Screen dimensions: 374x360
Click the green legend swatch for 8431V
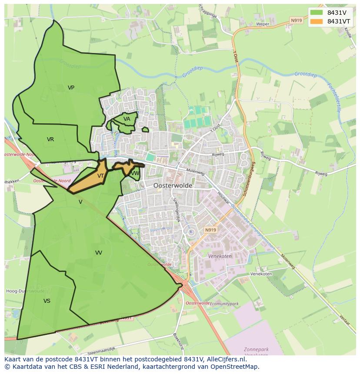(317, 13)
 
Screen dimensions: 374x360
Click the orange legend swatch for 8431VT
(317, 21)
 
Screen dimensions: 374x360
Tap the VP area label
(71, 88)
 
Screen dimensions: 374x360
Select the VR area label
(50, 139)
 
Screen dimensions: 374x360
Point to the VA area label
(127, 119)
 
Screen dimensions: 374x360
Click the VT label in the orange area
(100, 176)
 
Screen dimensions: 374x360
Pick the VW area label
(135, 173)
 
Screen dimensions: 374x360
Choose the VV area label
(99, 252)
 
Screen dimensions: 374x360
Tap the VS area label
(47, 301)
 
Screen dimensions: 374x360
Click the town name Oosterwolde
(173, 185)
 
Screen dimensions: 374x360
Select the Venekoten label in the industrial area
(220, 256)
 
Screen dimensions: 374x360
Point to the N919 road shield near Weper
(296, 20)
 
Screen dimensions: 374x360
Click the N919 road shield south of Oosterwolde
(210, 230)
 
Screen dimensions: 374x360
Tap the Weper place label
(263, 24)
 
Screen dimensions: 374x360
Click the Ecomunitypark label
(224, 304)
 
